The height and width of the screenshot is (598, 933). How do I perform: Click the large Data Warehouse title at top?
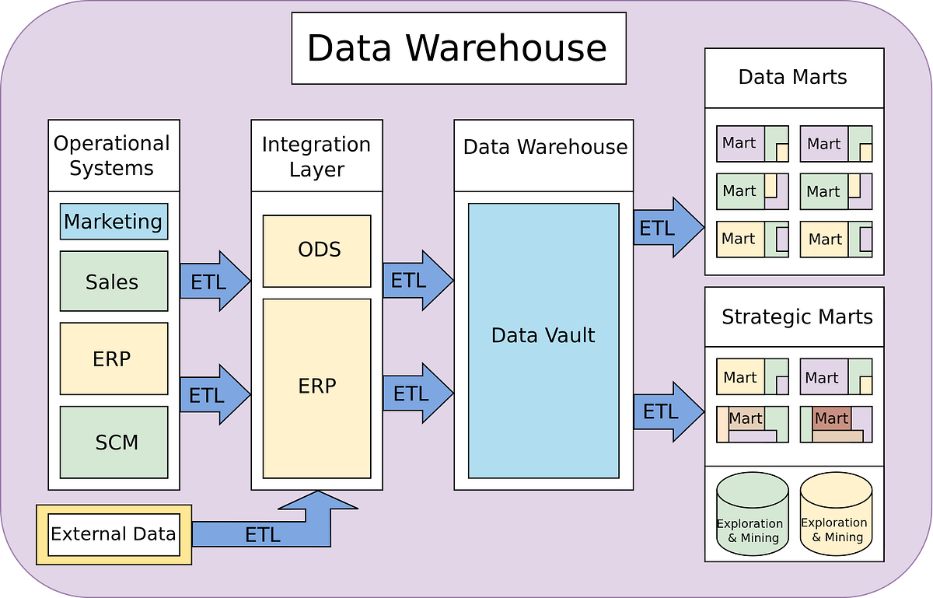tap(458, 48)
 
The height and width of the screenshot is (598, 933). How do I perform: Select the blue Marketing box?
tap(114, 222)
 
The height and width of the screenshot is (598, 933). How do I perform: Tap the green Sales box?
tap(114, 281)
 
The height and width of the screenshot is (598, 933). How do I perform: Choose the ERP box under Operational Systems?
tap(114, 358)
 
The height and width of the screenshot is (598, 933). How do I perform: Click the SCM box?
tap(114, 442)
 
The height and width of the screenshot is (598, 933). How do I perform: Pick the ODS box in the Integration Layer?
tap(316, 251)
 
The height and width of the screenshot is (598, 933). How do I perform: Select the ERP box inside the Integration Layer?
tap(316, 387)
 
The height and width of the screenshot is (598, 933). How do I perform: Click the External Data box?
tap(114, 534)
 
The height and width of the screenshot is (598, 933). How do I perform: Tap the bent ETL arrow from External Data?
tap(264, 534)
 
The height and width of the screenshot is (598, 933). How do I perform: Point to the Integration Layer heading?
tap(316, 156)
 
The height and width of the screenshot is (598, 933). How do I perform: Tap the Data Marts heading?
tap(793, 77)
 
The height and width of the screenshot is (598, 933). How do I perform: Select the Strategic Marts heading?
tap(796, 317)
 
